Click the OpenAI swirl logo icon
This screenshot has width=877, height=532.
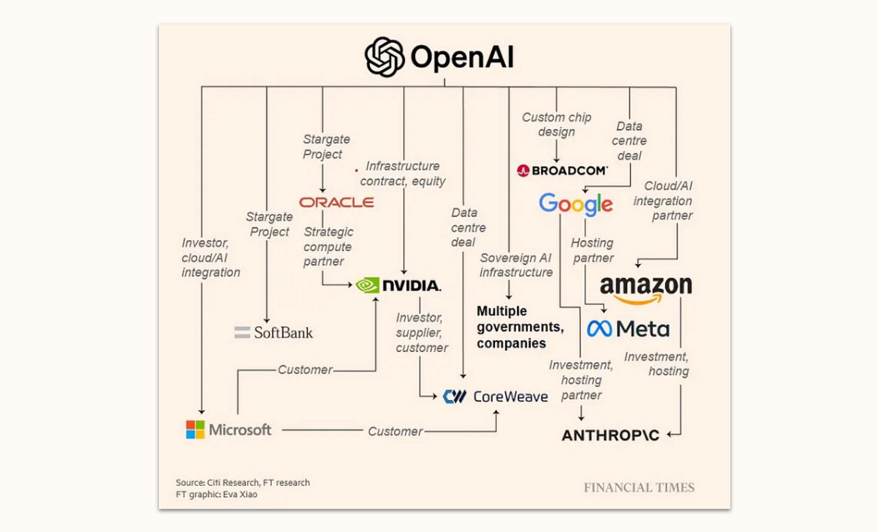coord(384,57)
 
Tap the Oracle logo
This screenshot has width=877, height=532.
coord(337,202)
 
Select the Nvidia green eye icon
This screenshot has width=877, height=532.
coord(367,285)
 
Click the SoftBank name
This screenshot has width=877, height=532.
coord(283,333)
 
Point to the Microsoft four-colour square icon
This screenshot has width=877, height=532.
coord(195,430)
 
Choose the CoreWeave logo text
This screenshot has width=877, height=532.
coord(510,397)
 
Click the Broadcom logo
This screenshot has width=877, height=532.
coord(563,171)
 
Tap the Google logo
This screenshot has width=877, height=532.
coord(576,204)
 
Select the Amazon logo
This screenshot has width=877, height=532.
coord(646,288)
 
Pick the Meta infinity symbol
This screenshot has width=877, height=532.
coord(599,329)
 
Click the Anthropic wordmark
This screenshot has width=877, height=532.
coord(610,435)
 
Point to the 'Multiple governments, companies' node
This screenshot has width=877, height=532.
coord(520,327)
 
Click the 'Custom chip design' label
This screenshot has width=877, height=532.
coord(557,125)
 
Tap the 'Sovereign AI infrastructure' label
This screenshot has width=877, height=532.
coord(516,265)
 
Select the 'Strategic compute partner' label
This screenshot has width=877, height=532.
coord(328,246)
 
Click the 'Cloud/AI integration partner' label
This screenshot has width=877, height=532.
coord(663,200)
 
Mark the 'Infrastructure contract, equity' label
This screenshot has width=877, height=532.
coord(403,173)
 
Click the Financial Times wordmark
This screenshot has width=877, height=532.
coord(638,487)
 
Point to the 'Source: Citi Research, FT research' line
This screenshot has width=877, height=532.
coord(243,483)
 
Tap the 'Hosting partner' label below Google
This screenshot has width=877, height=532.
coord(593,250)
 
